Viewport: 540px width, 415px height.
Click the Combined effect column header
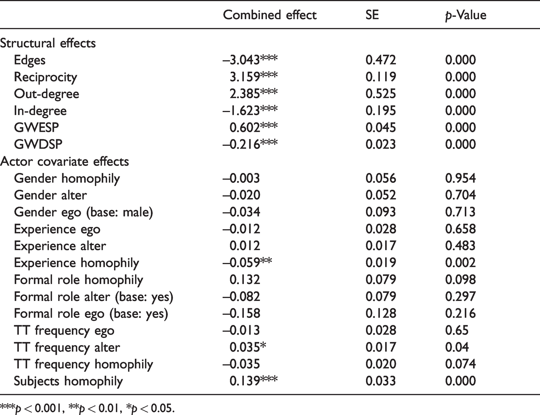click(x=270, y=15)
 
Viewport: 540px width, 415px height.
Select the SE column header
click(x=372, y=15)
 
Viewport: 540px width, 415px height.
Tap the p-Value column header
click(x=466, y=15)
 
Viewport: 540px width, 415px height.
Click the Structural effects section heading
click(x=48, y=43)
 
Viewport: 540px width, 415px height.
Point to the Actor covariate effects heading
click(x=65, y=161)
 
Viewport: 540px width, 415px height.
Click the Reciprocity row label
click(x=45, y=77)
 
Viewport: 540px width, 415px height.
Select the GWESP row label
click(x=36, y=128)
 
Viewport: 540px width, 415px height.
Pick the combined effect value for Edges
click(x=250, y=60)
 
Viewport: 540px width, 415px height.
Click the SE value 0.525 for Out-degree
click(x=381, y=94)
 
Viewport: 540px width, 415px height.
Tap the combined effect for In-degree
click(x=250, y=111)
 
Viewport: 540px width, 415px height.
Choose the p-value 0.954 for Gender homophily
click(x=460, y=178)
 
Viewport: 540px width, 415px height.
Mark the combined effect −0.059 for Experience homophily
click(x=247, y=263)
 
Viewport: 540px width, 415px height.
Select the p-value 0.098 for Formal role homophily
click(x=460, y=279)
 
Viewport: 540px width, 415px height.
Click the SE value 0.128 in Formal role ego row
click(x=381, y=313)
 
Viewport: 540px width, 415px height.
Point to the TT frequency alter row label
click(x=67, y=347)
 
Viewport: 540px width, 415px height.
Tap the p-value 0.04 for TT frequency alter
click(x=457, y=347)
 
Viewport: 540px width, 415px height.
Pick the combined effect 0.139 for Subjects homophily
click(x=253, y=381)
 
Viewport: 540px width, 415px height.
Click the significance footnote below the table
click(x=87, y=408)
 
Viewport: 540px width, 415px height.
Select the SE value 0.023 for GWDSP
click(x=381, y=144)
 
